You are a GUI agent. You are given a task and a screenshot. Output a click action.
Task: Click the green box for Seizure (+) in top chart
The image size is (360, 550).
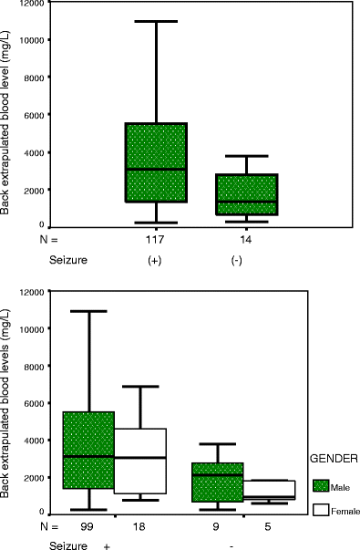tap(156, 162)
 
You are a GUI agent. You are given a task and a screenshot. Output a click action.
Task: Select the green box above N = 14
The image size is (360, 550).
tap(247, 194)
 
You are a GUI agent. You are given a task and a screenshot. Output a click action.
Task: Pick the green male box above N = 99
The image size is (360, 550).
tap(88, 451)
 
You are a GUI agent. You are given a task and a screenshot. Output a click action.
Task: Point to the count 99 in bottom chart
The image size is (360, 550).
tap(88, 528)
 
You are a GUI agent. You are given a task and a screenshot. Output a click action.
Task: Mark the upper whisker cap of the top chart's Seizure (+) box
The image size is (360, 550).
tap(156, 21)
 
